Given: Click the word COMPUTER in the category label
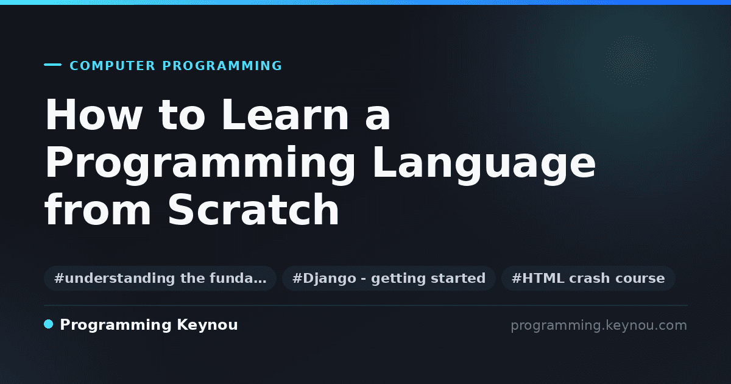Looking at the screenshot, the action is (x=112, y=66).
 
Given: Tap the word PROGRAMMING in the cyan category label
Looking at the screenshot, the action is (x=222, y=66).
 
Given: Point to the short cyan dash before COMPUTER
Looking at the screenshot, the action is (x=52, y=65).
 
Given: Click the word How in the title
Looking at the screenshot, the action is (x=93, y=115).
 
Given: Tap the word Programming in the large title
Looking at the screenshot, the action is (x=200, y=165).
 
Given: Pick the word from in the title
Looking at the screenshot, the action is (x=97, y=209).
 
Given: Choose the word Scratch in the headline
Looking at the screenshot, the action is (x=253, y=209).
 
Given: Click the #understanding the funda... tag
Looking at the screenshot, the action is (x=160, y=278).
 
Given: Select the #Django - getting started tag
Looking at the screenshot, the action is (x=389, y=278).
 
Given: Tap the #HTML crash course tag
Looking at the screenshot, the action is (x=588, y=278).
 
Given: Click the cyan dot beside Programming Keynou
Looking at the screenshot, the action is (x=49, y=324).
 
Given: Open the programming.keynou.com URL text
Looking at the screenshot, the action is (x=599, y=325).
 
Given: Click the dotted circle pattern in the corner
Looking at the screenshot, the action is (x=630, y=61).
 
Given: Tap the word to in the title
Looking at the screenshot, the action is (x=182, y=116).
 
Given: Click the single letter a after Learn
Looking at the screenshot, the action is (x=378, y=119).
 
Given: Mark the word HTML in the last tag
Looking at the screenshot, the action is (x=543, y=278).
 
